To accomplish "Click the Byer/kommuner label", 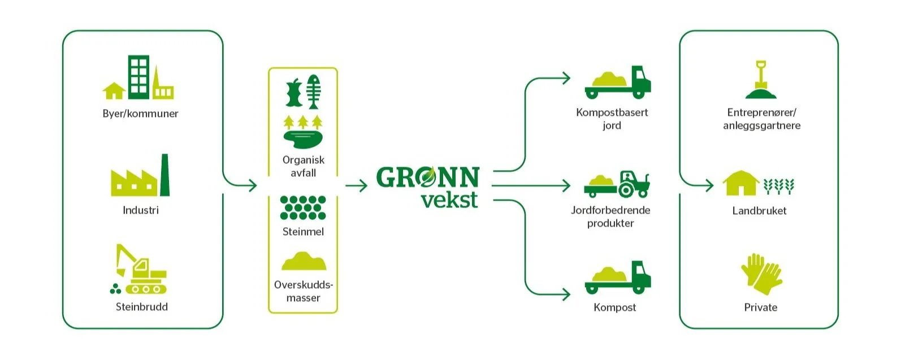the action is [x=140, y=114].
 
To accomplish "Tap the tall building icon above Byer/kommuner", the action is [x=138, y=77].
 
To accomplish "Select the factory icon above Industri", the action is [x=140, y=175].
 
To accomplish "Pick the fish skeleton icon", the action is [x=313, y=92].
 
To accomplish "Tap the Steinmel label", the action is [x=303, y=232].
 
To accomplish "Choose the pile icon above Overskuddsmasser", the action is [x=304, y=261].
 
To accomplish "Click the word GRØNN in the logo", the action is [x=427, y=177].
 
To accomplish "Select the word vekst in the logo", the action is [x=450, y=199].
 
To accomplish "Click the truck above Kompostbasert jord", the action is [x=618, y=83].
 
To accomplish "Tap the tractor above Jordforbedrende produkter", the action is [x=617, y=184].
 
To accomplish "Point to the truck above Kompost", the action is [x=618, y=277].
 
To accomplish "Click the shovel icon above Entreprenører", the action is [x=761, y=80].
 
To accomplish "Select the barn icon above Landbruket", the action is [x=740, y=183].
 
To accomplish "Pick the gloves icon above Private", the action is [x=761, y=274].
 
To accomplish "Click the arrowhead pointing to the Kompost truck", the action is [x=566, y=294].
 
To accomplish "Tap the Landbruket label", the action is [x=760, y=211].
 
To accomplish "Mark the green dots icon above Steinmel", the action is [x=303, y=208].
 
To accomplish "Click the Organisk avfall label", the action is [x=304, y=167].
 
